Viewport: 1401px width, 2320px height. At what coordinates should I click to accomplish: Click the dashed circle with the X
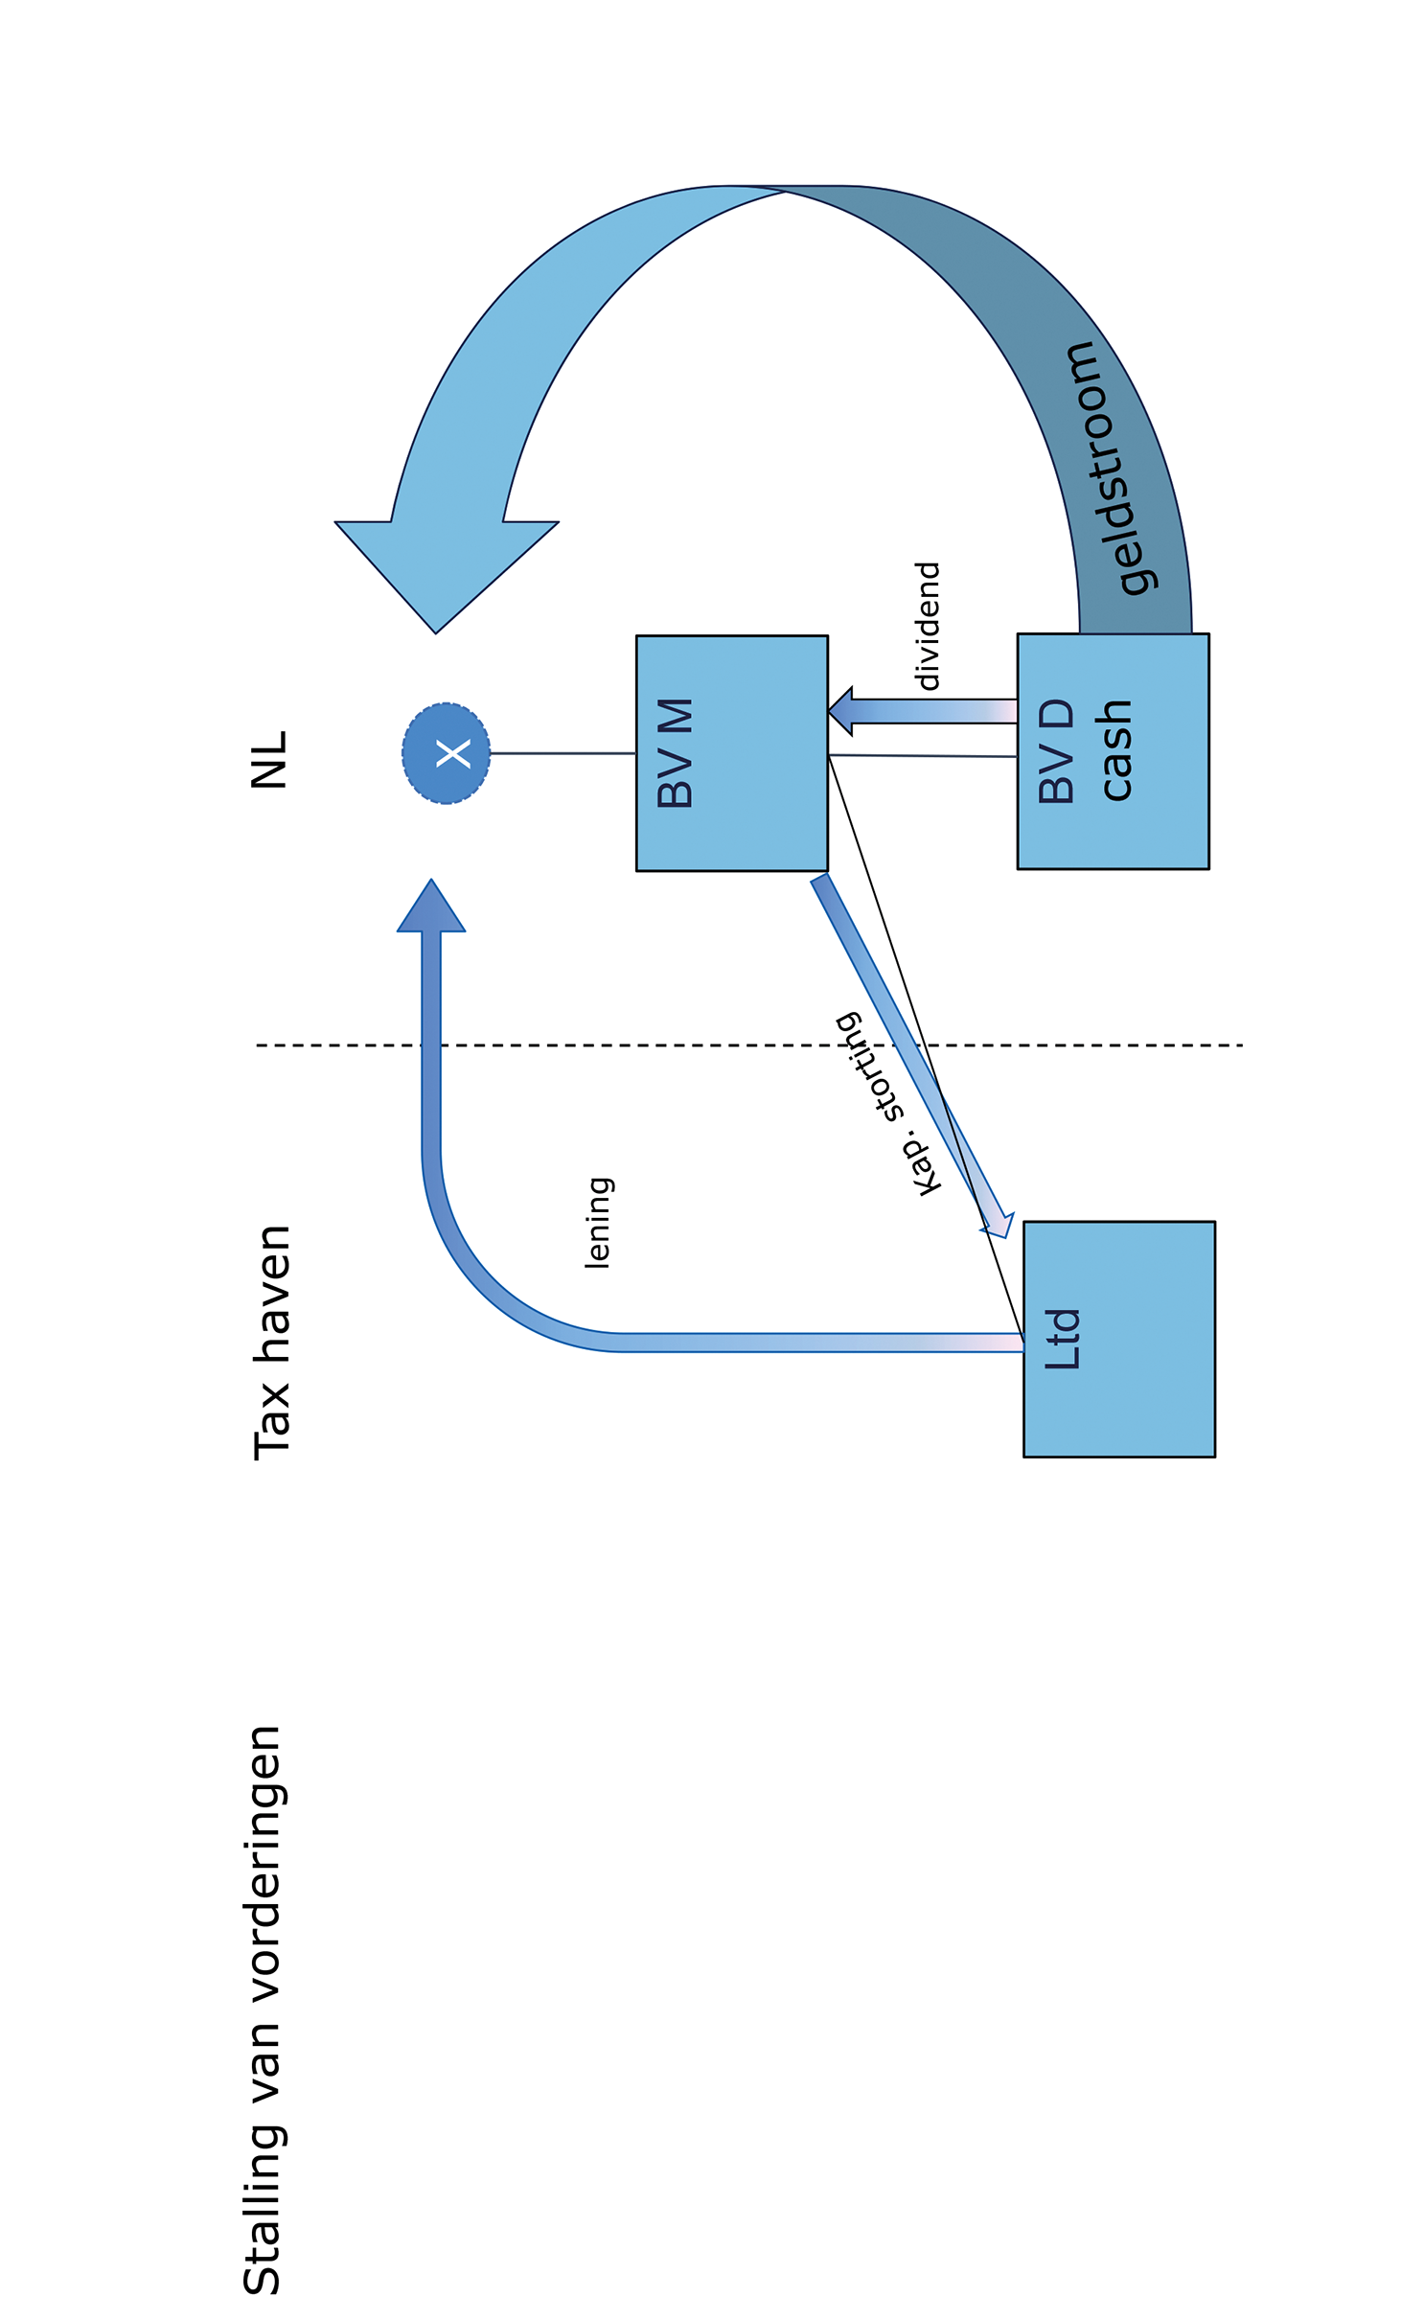pos(446,753)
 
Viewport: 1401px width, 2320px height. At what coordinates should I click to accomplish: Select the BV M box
pos(731,753)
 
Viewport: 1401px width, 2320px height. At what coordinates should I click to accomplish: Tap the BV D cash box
pos(1113,751)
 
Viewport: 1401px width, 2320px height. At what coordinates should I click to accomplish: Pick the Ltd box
pos(1118,1339)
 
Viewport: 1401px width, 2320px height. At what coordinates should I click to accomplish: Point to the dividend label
pos(928,626)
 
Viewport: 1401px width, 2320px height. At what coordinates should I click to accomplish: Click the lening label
pos(598,1223)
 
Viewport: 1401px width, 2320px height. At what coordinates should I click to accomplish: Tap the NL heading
pos(269,760)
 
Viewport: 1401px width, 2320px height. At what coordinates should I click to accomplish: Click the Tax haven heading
pos(271,1343)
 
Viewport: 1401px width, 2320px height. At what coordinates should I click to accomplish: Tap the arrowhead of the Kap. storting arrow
pos(998,1224)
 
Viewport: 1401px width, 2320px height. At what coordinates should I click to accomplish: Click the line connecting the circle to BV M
pos(563,753)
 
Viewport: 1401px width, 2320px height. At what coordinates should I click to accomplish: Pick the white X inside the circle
pos(453,753)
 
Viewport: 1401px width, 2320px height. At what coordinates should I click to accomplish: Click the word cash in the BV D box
pos(1116,750)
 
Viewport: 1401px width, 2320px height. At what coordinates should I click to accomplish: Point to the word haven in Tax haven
pos(271,1294)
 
